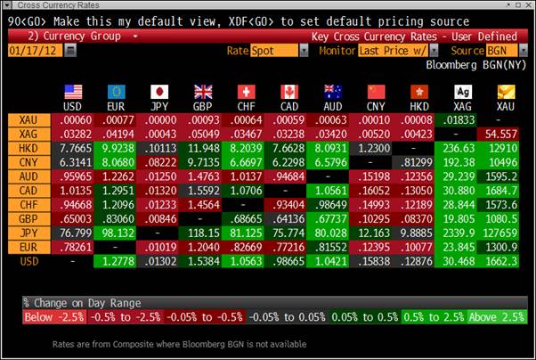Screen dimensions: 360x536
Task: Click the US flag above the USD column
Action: [x=73, y=93]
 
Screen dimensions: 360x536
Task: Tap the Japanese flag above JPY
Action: [x=160, y=93]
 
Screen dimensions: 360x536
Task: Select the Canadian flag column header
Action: [x=289, y=93]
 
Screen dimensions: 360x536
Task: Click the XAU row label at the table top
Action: [x=25, y=119]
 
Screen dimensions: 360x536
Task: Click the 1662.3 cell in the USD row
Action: [x=503, y=261]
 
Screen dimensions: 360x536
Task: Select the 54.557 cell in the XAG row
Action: [x=503, y=133]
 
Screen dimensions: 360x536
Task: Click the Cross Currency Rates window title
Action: [x=53, y=6]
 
